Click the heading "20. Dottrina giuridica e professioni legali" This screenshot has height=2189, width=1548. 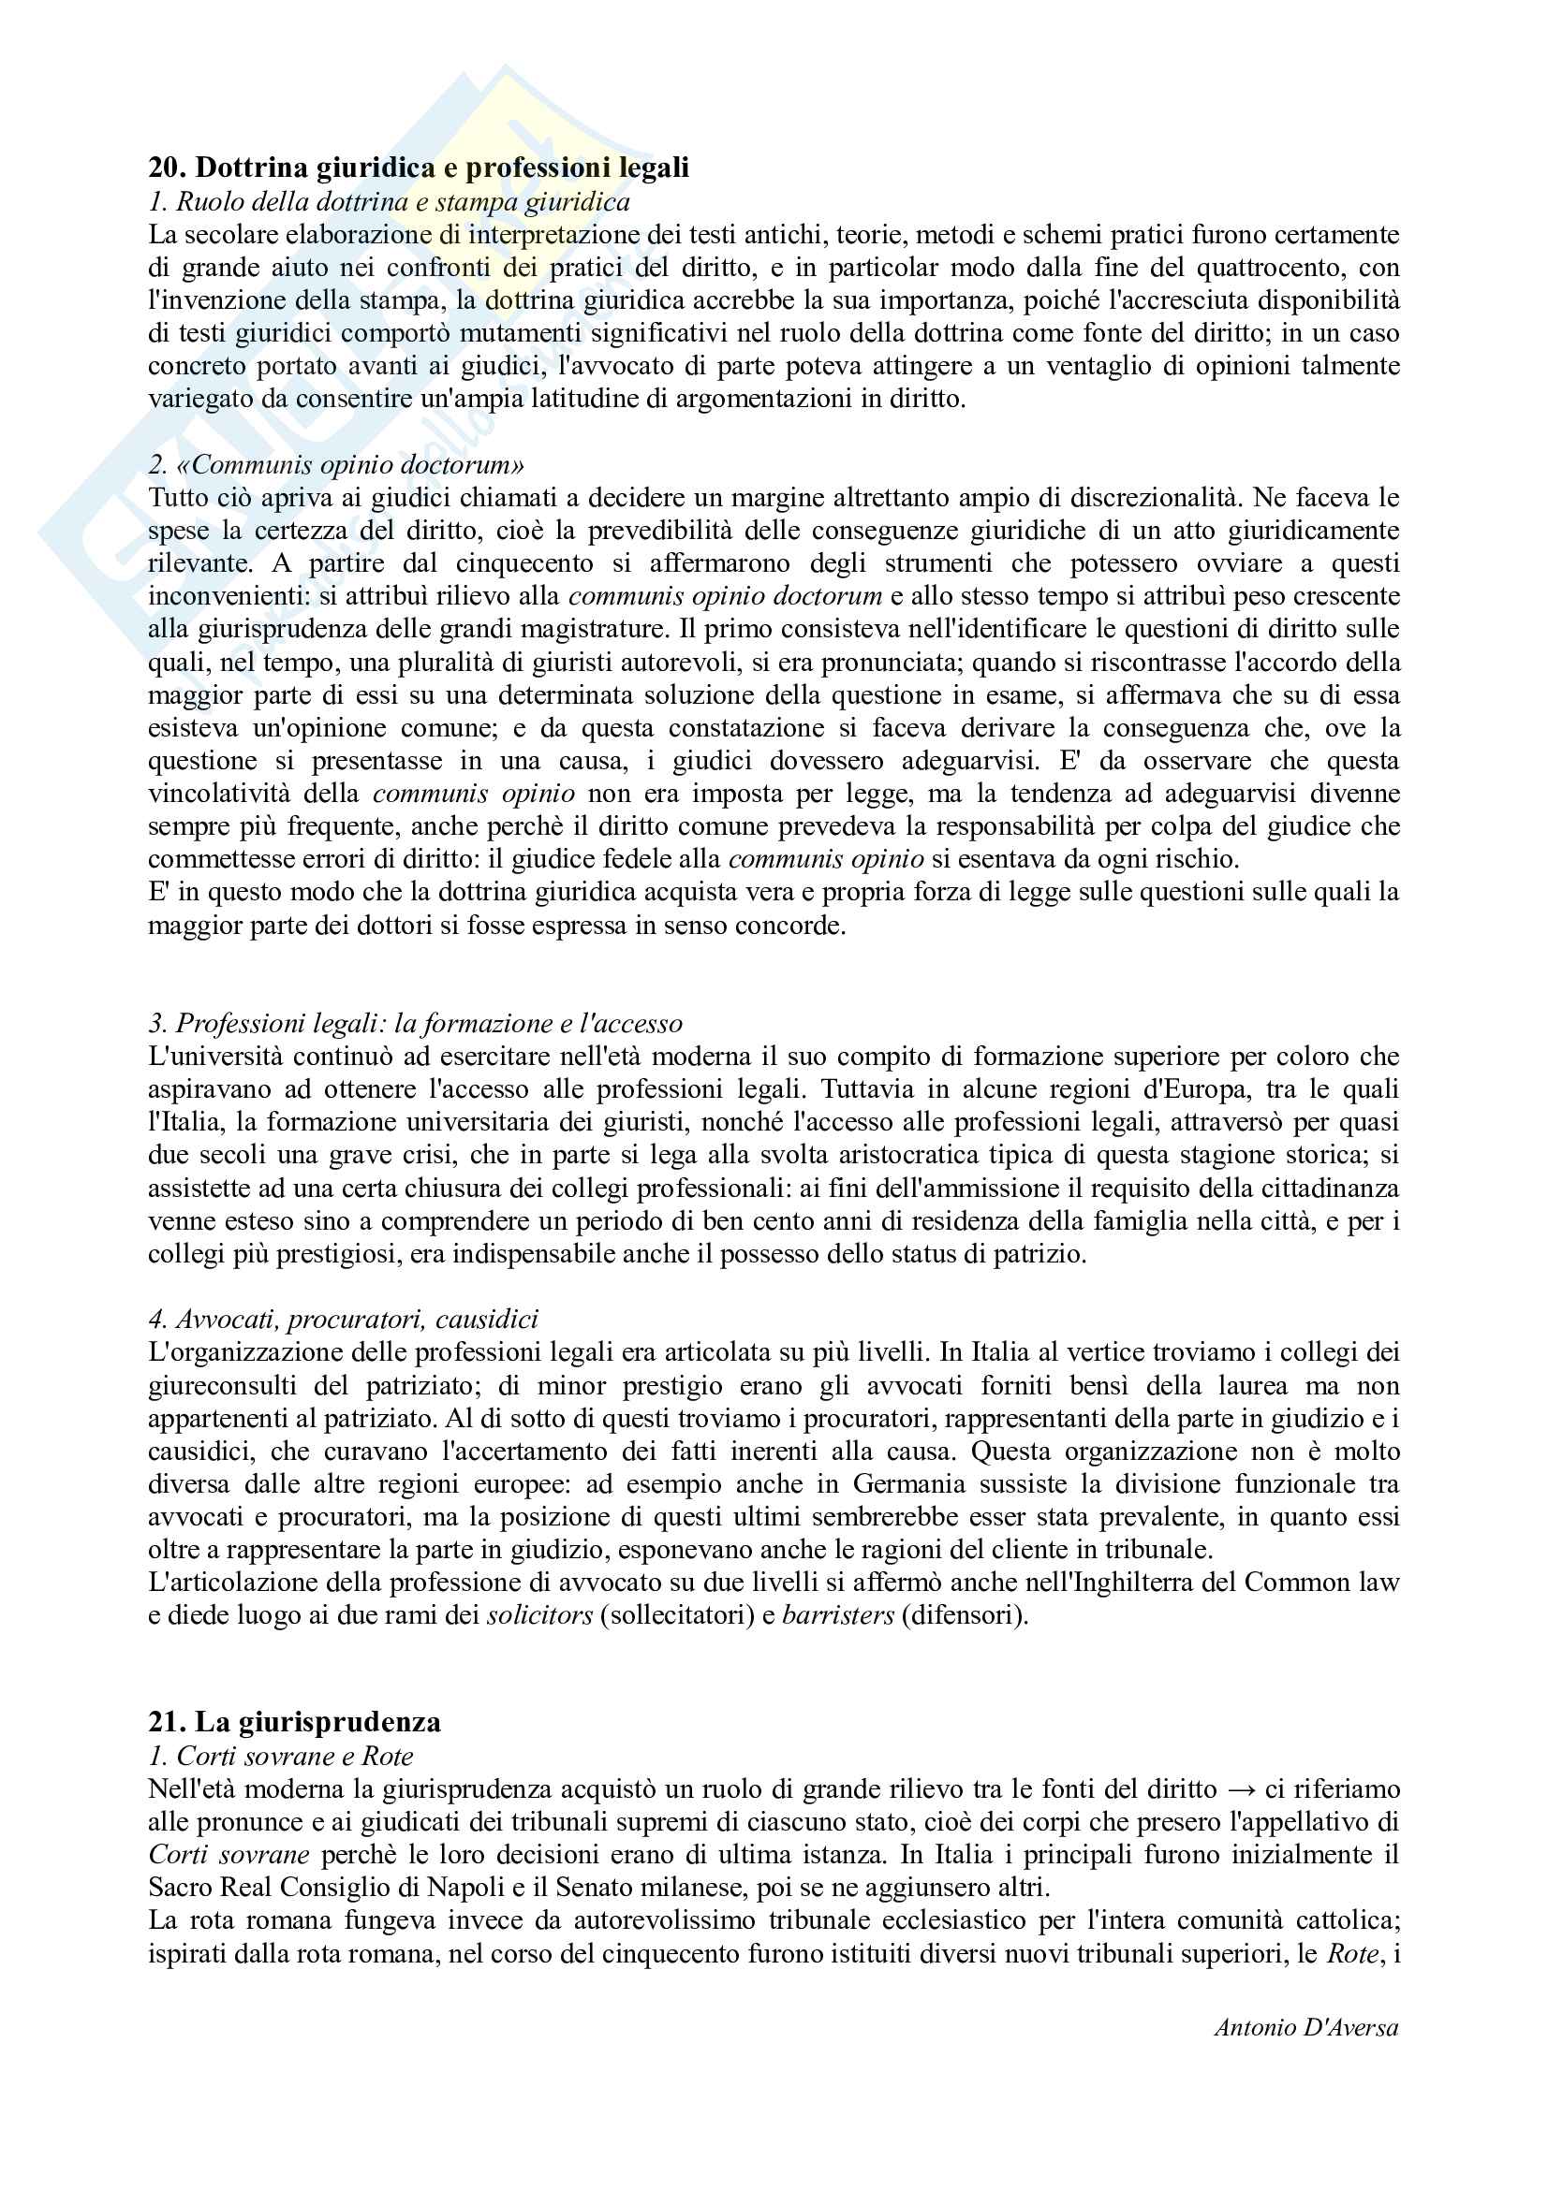(x=418, y=168)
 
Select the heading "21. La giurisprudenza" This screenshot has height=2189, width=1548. (x=295, y=1722)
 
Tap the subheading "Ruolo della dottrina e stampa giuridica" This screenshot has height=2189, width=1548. (x=403, y=202)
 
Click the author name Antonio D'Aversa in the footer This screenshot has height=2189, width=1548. (x=1305, y=2028)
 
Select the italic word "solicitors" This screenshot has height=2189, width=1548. (x=539, y=1616)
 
